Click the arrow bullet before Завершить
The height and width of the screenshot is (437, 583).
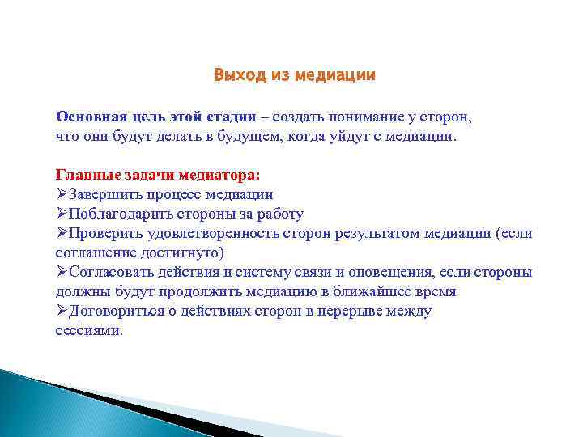pos(62,195)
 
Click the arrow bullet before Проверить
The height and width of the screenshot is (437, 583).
pos(62,234)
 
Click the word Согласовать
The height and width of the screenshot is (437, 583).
pos(110,273)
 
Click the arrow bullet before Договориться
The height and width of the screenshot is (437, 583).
pos(62,312)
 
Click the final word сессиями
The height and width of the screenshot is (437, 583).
pos(88,331)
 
